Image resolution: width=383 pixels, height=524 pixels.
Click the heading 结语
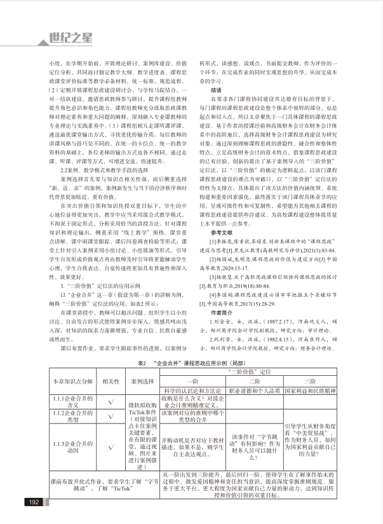click(x=218, y=90)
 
